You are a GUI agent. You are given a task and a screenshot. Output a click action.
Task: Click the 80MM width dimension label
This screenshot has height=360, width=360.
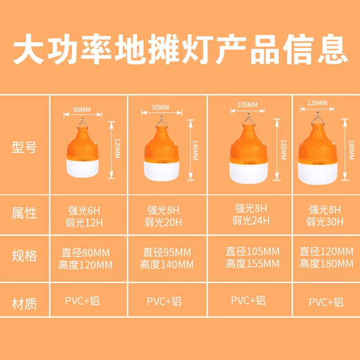pyautogui.click(x=82, y=109)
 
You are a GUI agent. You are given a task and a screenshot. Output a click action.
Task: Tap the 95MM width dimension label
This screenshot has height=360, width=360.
pyautogui.click(x=160, y=107)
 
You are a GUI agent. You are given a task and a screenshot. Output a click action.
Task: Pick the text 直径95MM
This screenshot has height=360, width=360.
pyautogui.click(x=165, y=252)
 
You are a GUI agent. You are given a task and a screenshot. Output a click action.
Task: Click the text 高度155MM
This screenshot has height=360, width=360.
pyautogui.click(x=253, y=264)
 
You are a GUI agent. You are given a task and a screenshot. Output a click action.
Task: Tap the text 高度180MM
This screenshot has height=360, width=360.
pyautogui.click(x=325, y=264)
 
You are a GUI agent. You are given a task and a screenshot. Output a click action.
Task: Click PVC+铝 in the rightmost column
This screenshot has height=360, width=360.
pyautogui.click(x=325, y=301)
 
